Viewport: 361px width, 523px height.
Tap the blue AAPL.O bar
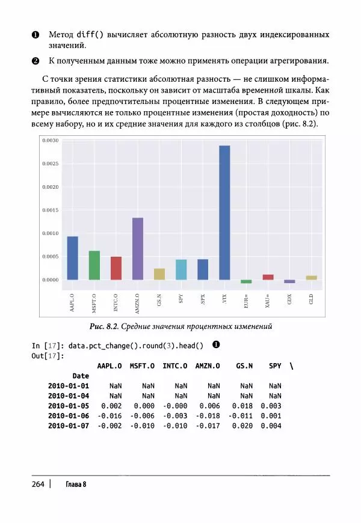[72, 258]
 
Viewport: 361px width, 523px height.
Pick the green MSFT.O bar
[94, 265]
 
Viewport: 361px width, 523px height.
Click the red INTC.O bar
[116, 268]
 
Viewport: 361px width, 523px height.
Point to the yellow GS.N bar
[159, 274]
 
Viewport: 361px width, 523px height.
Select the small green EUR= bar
[246, 281]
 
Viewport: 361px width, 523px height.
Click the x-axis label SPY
[181, 298]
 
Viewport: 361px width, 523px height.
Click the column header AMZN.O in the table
[207, 365]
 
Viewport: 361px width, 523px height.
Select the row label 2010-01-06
[68, 415]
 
